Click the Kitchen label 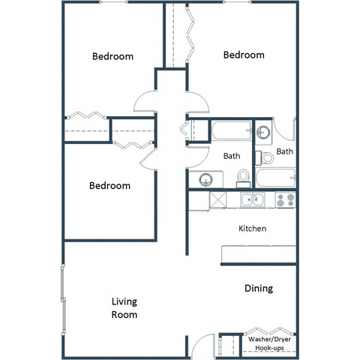[252, 228]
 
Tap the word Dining [258, 288]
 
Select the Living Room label [124, 308]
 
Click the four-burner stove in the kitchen [285, 199]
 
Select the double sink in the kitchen [252, 199]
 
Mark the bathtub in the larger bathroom [231, 132]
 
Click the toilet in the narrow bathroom [265, 158]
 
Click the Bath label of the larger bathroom [232, 156]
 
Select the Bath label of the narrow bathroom [285, 151]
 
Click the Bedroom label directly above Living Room [110, 185]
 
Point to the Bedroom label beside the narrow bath [244, 55]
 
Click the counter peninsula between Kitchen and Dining [258, 255]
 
